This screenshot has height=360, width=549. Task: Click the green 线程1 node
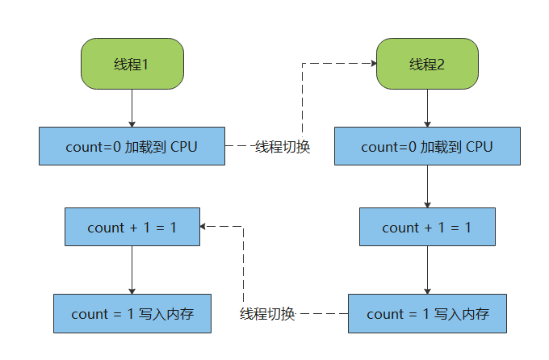tap(132, 65)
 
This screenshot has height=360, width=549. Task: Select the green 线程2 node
tap(427, 65)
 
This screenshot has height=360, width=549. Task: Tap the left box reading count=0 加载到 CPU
tap(132, 147)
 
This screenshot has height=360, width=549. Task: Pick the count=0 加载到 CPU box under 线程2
tap(427, 147)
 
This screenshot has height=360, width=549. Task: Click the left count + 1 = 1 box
tap(132, 228)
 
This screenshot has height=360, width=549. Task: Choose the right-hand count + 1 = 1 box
tap(427, 228)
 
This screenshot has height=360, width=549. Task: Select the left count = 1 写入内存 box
tap(132, 314)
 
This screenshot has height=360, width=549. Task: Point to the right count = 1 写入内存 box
tap(427, 314)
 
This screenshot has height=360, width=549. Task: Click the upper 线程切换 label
tap(283, 148)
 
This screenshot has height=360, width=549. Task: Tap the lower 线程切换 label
tap(267, 314)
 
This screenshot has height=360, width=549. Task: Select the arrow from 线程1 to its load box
tap(132, 107)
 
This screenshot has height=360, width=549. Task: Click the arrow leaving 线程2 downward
tap(427, 107)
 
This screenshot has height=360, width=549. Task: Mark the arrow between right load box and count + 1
tap(427, 186)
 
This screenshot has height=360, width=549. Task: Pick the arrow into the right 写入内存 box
tap(427, 270)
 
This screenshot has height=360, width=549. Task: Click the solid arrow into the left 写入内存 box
tap(132, 270)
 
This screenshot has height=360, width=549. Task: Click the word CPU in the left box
tap(184, 147)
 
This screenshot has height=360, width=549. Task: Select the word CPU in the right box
tap(479, 147)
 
